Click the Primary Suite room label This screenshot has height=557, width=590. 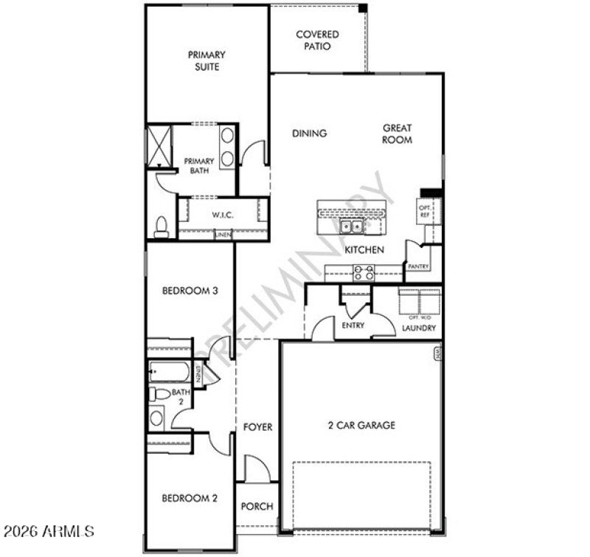tap(206, 60)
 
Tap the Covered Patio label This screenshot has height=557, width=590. tap(317, 40)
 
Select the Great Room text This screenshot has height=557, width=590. tap(397, 134)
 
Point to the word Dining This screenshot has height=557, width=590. tap(309, 134)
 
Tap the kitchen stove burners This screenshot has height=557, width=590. tap(364, 272)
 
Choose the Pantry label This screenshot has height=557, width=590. tap(418, 266)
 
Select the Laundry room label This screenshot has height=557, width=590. tap(418, 328)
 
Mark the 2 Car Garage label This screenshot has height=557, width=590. tap(361, 425)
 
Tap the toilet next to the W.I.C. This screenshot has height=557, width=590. tap(162, 227)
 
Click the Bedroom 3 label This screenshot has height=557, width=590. tap(190, 291)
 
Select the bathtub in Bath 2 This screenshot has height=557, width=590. tap(170, 371)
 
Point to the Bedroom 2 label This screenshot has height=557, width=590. tap(190, 498)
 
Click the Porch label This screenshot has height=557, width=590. tap(257, 506)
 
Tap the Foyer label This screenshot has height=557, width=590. tap(257, 427)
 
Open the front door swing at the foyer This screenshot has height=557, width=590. tap(256, 468)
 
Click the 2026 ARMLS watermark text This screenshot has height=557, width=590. tap(49, 530)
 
